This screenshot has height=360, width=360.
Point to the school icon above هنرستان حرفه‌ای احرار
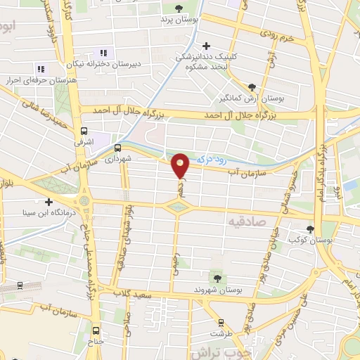pyautogui.click(x=41, y=69)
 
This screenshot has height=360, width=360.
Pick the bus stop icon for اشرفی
pyautogui.click(x=84, y=131)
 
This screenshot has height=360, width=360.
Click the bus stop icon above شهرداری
pyautogui.click(x=117, y=148)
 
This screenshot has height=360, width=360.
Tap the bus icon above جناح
pyautogui.click(x=96, y=331)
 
